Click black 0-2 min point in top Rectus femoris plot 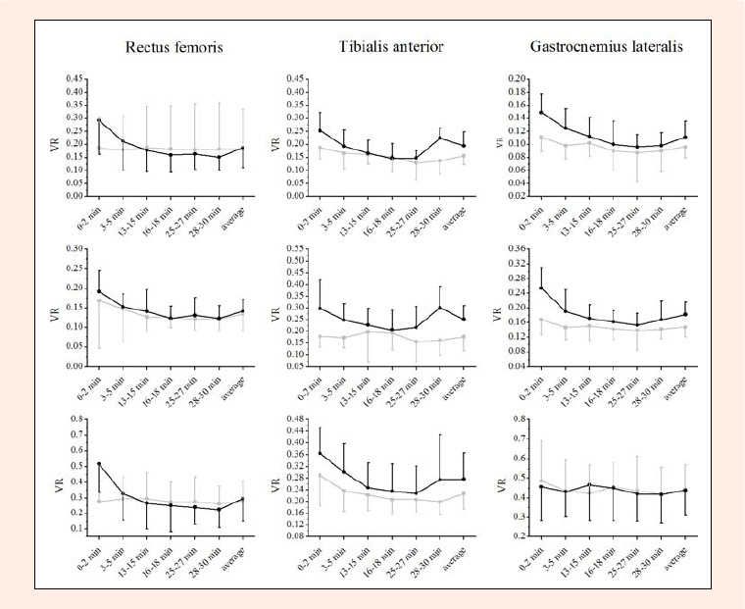point(99,120)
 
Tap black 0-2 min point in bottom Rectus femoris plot point(99,464)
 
